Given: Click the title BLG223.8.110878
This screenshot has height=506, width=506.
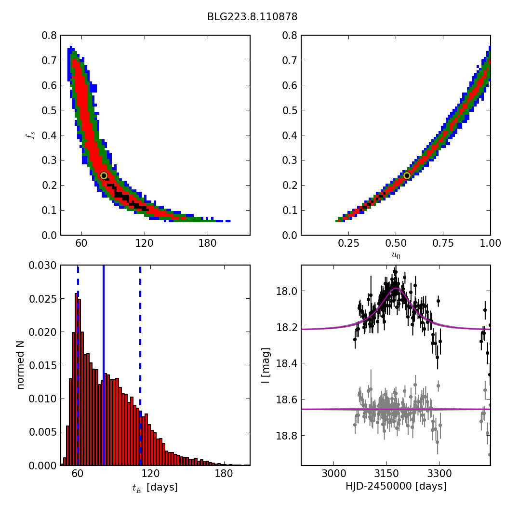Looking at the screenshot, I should click(x=252, y=17).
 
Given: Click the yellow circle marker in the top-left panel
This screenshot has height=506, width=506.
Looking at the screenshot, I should click(x=104, y=176).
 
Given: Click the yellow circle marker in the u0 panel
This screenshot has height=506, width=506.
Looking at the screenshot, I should click(x=407, y=176).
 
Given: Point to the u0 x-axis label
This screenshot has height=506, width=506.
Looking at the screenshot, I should click(x=396, y=255).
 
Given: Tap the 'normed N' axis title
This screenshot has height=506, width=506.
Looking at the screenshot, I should click(x=20, y=365).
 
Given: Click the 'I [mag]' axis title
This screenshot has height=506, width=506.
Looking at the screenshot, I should click(x=266, y=365).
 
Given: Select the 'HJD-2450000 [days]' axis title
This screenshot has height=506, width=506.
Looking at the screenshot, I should click(x=396, y=486).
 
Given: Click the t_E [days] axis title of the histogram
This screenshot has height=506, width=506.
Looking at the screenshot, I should click(x=155, y=487).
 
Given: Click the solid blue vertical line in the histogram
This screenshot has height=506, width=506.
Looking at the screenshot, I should click(x=103, y=365).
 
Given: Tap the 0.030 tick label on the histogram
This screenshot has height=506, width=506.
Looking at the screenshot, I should click(x=43, y=266).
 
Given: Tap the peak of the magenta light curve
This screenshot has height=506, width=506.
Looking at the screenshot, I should click(x=396, y=289).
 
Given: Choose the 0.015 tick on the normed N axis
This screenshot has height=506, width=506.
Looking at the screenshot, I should click(x=43, y=365).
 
